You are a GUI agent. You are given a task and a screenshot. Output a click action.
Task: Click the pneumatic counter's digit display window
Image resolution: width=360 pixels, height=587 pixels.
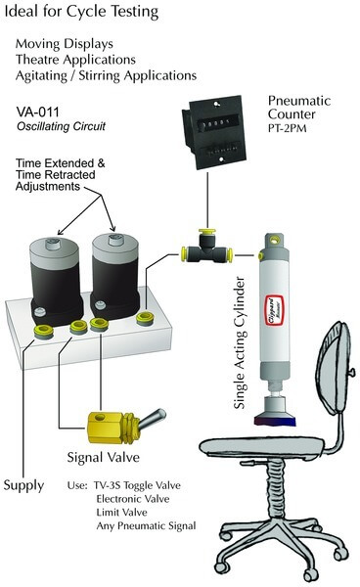[215, 122]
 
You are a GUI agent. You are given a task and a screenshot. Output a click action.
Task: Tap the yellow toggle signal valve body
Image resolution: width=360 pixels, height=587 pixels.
[110, 427]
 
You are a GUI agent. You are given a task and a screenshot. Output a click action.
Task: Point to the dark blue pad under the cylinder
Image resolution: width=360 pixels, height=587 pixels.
[275, 420]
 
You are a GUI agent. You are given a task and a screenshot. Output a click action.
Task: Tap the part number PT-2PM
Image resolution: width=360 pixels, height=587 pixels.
[287, 128]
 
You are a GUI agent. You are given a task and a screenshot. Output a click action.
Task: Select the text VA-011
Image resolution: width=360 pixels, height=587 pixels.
[37, 112]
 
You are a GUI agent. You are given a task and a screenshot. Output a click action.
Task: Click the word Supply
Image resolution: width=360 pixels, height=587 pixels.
[23, 485]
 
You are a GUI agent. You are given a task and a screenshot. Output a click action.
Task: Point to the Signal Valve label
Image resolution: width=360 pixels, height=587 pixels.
[104, 457]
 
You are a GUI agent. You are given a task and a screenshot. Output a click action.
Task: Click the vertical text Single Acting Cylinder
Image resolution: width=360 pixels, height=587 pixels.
[239, 342]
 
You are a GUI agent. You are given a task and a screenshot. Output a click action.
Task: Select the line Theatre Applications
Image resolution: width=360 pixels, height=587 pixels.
[75, 60]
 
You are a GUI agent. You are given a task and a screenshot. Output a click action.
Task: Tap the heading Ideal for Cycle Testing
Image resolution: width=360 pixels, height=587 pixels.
[81, 12]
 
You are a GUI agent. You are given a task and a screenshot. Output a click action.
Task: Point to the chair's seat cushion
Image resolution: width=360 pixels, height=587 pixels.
[261, 447]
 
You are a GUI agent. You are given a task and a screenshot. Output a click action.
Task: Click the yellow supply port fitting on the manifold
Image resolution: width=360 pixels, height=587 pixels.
[44, 331]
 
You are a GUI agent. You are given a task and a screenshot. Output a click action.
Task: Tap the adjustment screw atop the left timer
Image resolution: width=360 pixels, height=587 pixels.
[55, 244]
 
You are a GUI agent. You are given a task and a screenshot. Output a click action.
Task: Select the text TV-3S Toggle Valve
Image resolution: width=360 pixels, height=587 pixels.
[137, 485]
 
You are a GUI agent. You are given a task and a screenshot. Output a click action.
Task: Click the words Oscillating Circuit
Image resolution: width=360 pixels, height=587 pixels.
[61, 126]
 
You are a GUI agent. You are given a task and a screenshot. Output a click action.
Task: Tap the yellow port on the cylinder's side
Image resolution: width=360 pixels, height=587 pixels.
[259, 255]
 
